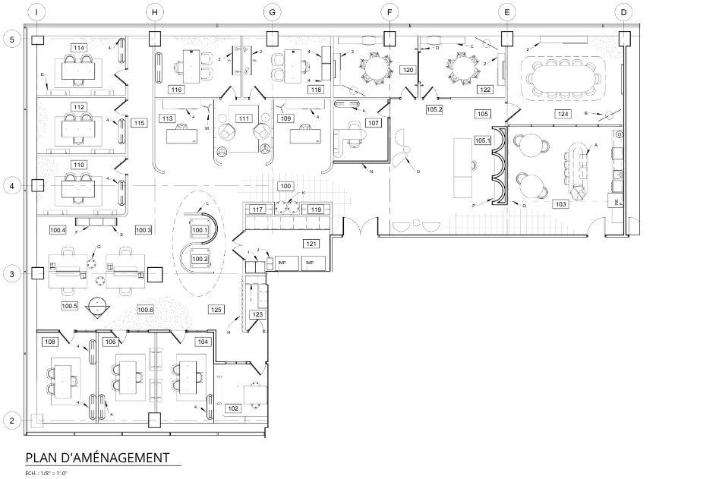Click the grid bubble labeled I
point(38,12)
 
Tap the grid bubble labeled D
point(623,12)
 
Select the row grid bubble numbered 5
point(11,39)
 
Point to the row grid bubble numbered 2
point(11,420)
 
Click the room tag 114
point(78,48)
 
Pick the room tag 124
point(563,114)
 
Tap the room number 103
point(561,204)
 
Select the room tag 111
point(243,118)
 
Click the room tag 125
point(216,310)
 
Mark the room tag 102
point(233,408)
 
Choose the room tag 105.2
point(434,109)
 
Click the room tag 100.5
point(69,306)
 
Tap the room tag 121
point(311,244)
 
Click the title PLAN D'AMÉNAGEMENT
point(97,458)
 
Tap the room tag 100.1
point(200,230)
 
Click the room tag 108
point(50,342)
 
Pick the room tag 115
point(139,123)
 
